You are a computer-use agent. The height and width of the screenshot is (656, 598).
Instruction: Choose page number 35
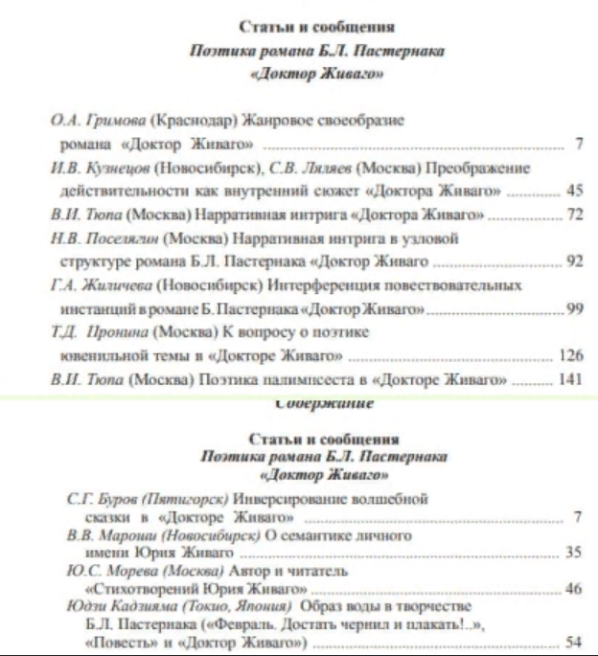(x=573, y=553)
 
